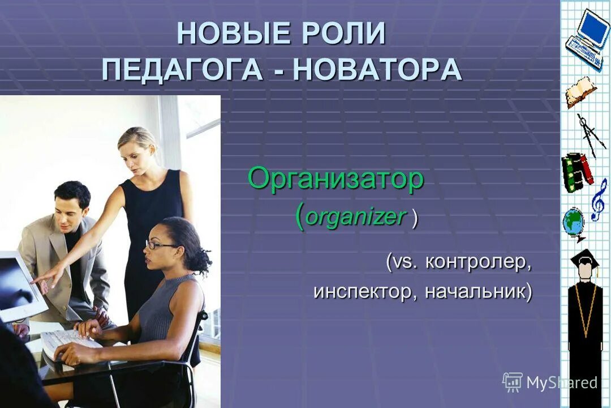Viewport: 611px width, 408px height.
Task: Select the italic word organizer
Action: [x=357, y=217]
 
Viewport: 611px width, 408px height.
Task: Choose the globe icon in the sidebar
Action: [x=574, y=224]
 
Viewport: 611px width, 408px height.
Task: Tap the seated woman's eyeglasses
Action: [x=160, y=245]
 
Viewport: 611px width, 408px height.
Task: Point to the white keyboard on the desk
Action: [x=71, y=343]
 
